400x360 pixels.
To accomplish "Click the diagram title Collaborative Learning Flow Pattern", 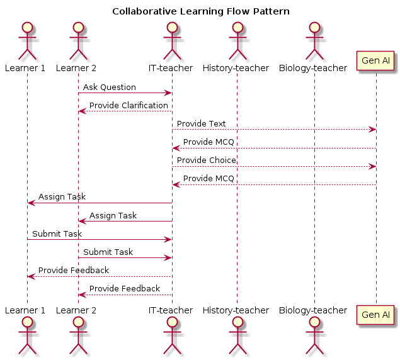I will click(200, 11).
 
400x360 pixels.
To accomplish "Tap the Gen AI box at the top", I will click(376, 61).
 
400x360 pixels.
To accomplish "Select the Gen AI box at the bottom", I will click(376, 314).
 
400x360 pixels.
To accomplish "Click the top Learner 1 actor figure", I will click(27, 39).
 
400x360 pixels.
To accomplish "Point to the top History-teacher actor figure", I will click(237, 39).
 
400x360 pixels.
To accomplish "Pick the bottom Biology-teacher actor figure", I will click(314, 338).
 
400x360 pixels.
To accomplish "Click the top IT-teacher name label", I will click(171, 68).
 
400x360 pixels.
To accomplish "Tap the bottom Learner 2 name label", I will click(78, 310).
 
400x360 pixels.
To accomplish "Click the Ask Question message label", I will click(109, 87).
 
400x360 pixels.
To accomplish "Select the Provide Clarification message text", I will click(129, 106).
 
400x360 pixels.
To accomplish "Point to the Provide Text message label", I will click(201, 124).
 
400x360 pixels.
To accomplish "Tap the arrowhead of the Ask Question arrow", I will click(168, 93).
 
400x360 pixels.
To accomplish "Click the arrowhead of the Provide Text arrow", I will click(373, 130).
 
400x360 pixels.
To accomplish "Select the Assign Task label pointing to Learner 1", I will click(62, 197).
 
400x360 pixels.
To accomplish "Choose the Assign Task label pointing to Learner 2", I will click(113, 215).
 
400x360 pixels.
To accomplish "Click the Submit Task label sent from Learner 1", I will click(57, 233).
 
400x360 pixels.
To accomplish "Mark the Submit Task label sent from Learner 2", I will click(108, 252).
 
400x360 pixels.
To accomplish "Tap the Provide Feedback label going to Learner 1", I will click(73, 270).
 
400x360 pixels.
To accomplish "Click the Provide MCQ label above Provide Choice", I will click(209, 142).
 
